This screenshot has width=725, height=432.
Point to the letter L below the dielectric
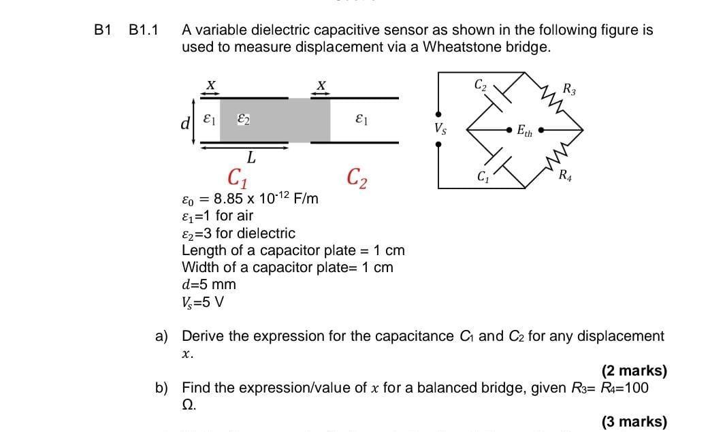point(251,158)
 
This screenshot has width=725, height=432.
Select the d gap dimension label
point(184,124)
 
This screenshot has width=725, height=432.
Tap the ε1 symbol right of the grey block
point(361,119)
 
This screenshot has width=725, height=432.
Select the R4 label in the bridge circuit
point(565,179)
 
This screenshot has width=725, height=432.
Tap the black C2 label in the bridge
point(480,85)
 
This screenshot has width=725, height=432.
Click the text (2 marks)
point(634,371)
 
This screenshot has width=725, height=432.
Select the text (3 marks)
point(634,422)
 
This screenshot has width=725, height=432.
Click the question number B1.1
point(143,31)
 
